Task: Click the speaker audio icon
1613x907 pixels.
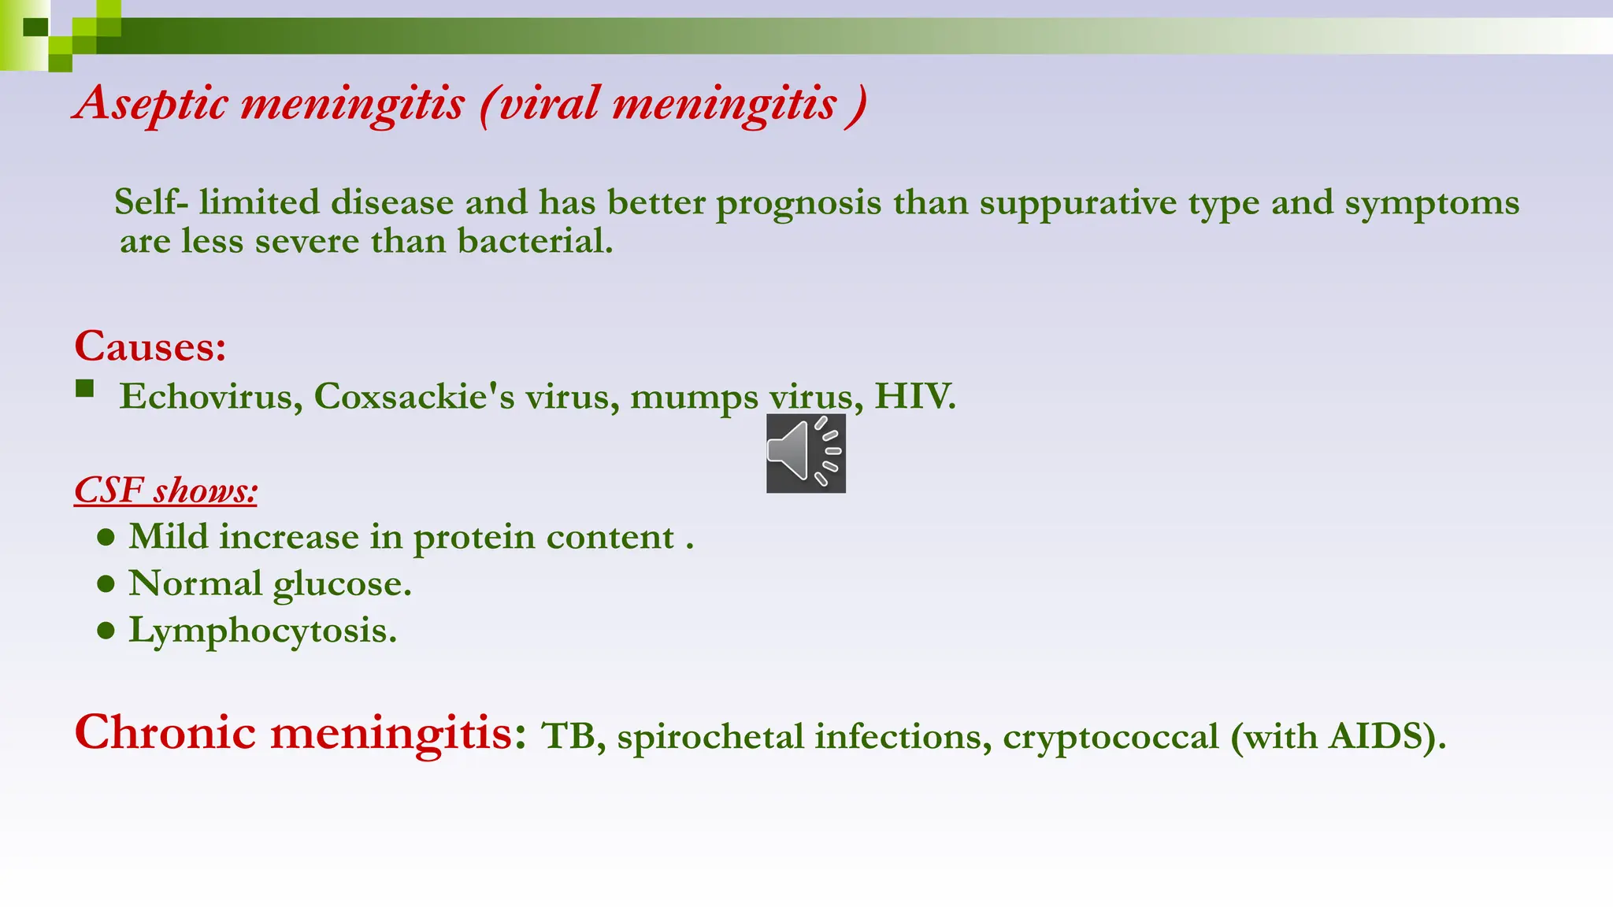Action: (x=806, y=453)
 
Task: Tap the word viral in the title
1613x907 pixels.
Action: (x=548, y=103)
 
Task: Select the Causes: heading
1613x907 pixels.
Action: (x=150, y=346)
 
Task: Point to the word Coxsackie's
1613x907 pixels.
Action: (x=413, y=396)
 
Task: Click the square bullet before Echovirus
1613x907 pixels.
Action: (x=85, y=389)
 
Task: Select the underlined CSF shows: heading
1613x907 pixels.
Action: (x=165, y=491)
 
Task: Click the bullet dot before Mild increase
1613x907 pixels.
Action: (x=106, y=538)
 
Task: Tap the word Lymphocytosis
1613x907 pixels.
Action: (x=262, y=631)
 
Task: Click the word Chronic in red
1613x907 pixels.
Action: (x=165, y=732)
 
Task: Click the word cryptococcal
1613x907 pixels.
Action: (x=1111, y=737)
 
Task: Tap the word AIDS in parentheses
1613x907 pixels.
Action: (x=1377, y=737)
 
